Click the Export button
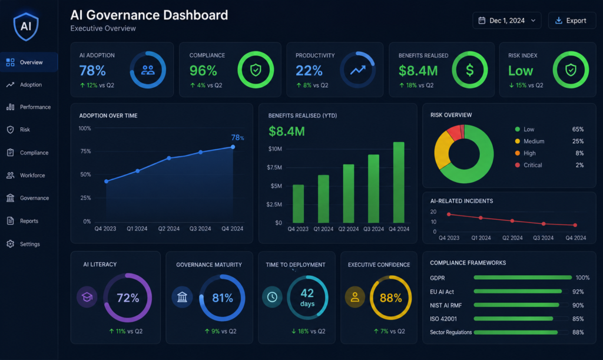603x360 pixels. coord(572,21)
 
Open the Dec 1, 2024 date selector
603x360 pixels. coord(507,21)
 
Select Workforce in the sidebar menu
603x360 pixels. coord(32,176)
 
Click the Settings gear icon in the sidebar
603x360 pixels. coord(11,244)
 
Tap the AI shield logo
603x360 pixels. coord(26,27)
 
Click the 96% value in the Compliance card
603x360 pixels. coord(203,71)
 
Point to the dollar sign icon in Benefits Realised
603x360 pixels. coord(469,70)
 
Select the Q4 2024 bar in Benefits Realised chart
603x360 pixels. coord(399,182)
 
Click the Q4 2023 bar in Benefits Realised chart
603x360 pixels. coord(298,204)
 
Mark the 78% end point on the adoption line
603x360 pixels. coord(233,147)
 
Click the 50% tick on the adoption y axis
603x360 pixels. coord(85,174)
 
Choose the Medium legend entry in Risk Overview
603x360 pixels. coord(534,141)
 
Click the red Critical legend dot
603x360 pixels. coord(517,165)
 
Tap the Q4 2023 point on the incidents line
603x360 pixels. coord(449,214)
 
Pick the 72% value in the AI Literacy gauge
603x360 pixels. coord(128,298)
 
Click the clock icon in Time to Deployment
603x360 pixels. coord(272,297)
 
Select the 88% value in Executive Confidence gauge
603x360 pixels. coord(391,298)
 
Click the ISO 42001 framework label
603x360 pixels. coord(443,319)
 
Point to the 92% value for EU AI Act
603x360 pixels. coord(578,292)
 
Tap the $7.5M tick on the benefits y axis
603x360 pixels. coord(274,167)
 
